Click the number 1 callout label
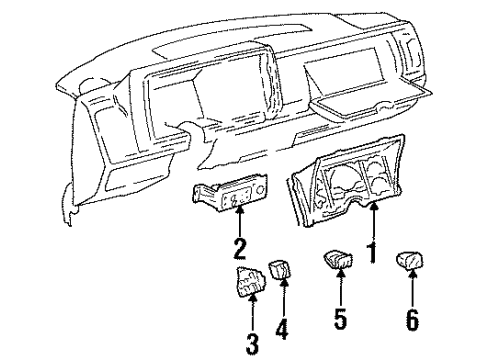click(x=372, y=254)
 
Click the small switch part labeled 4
click(x=283, y=271)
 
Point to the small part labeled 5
click(x=334, y=262)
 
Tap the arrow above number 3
click(x=251, y=315)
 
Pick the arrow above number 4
click(x=283, y=297)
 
